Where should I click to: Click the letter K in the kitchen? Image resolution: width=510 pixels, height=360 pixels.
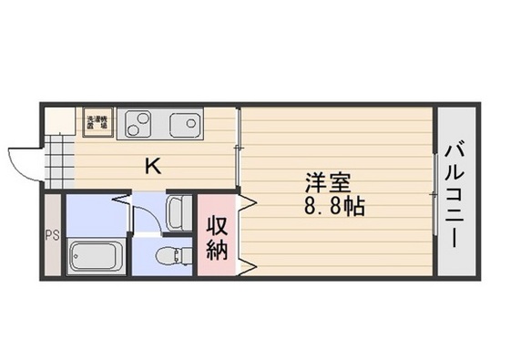pos(154,167)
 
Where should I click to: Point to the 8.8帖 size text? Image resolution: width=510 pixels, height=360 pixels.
pos(336,207)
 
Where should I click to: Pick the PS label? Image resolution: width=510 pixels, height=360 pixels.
pos(51,234)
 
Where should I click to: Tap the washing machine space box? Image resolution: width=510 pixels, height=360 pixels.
pos(97,122)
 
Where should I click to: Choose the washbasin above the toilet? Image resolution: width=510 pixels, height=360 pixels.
pos(179,211)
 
